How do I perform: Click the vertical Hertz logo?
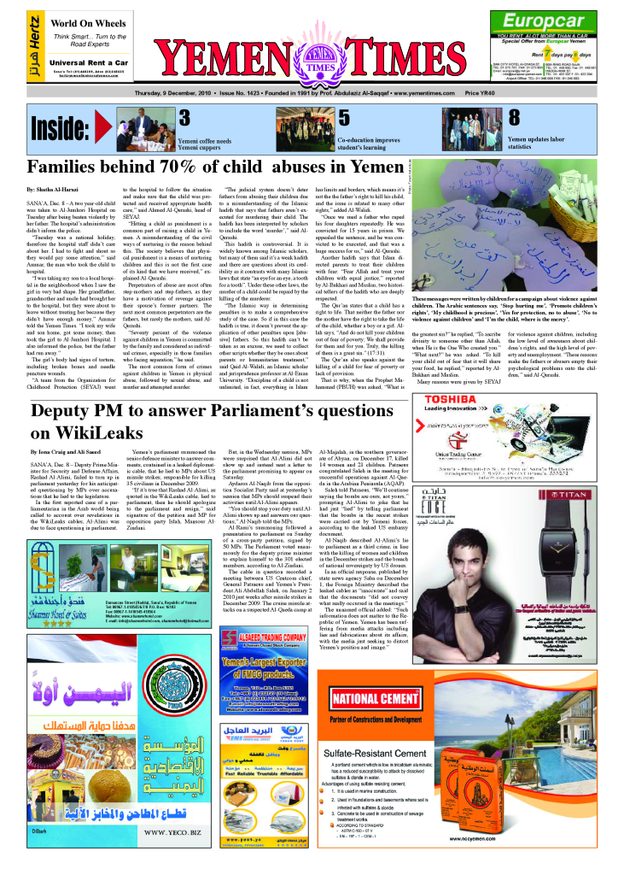[33, 48]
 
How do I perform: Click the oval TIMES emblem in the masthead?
[315, 68]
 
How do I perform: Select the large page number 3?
[184, 118]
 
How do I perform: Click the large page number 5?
[343, 118]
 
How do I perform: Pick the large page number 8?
[514, 118]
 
